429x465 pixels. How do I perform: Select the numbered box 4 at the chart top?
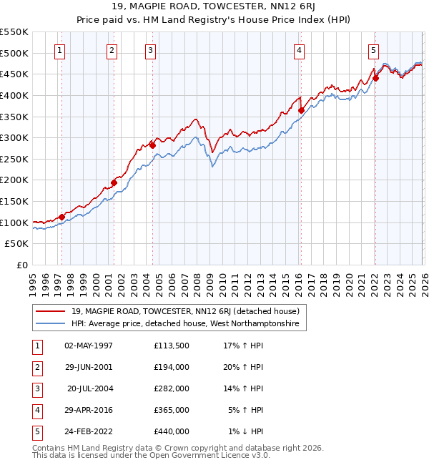(299, 50)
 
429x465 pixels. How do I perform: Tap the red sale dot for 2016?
(301, 110)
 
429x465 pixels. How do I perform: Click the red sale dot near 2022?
(375, 79)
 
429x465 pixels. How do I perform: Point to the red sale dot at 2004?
(152, 145)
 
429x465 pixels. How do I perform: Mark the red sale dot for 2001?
(114, 182)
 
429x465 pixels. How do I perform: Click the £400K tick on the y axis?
(14, 95)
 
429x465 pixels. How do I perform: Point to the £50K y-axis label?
(17, 244)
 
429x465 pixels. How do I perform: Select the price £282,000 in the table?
(172, 388)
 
